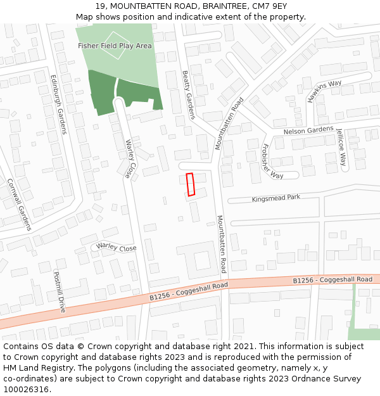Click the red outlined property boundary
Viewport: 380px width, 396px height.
(190, 184)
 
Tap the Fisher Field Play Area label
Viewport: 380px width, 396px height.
(115, 46)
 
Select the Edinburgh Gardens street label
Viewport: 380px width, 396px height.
(58, 104)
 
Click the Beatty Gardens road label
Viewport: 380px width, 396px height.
(189, 94)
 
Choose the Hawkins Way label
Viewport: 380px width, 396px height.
(324, 91)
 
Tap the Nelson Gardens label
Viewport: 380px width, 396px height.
(308, 131)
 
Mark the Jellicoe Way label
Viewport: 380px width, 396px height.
(341, 148)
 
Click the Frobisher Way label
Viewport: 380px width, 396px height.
(272, 161)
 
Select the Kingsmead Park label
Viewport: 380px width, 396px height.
(275, 198)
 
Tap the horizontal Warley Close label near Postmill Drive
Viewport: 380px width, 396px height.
(117, 248)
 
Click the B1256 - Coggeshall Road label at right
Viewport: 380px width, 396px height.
(332, 279)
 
